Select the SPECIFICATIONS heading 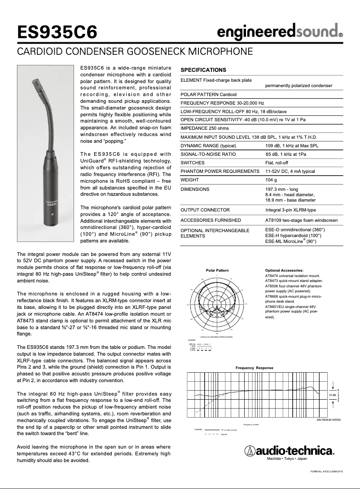(x=203, y=70)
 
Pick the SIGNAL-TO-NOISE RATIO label (x=208, y=154)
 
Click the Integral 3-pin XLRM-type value (x=290, y=210)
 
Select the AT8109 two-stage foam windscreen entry (x=301, y=220)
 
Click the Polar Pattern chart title (x=217, y=270)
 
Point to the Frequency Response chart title (x=254, y=368)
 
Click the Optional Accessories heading (x=285, y=270)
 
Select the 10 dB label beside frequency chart (x=332, y=394)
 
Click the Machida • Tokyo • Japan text (x=287, y=459)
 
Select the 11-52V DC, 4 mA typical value (x=290, y=171)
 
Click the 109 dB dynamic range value (x=292, y=145)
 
